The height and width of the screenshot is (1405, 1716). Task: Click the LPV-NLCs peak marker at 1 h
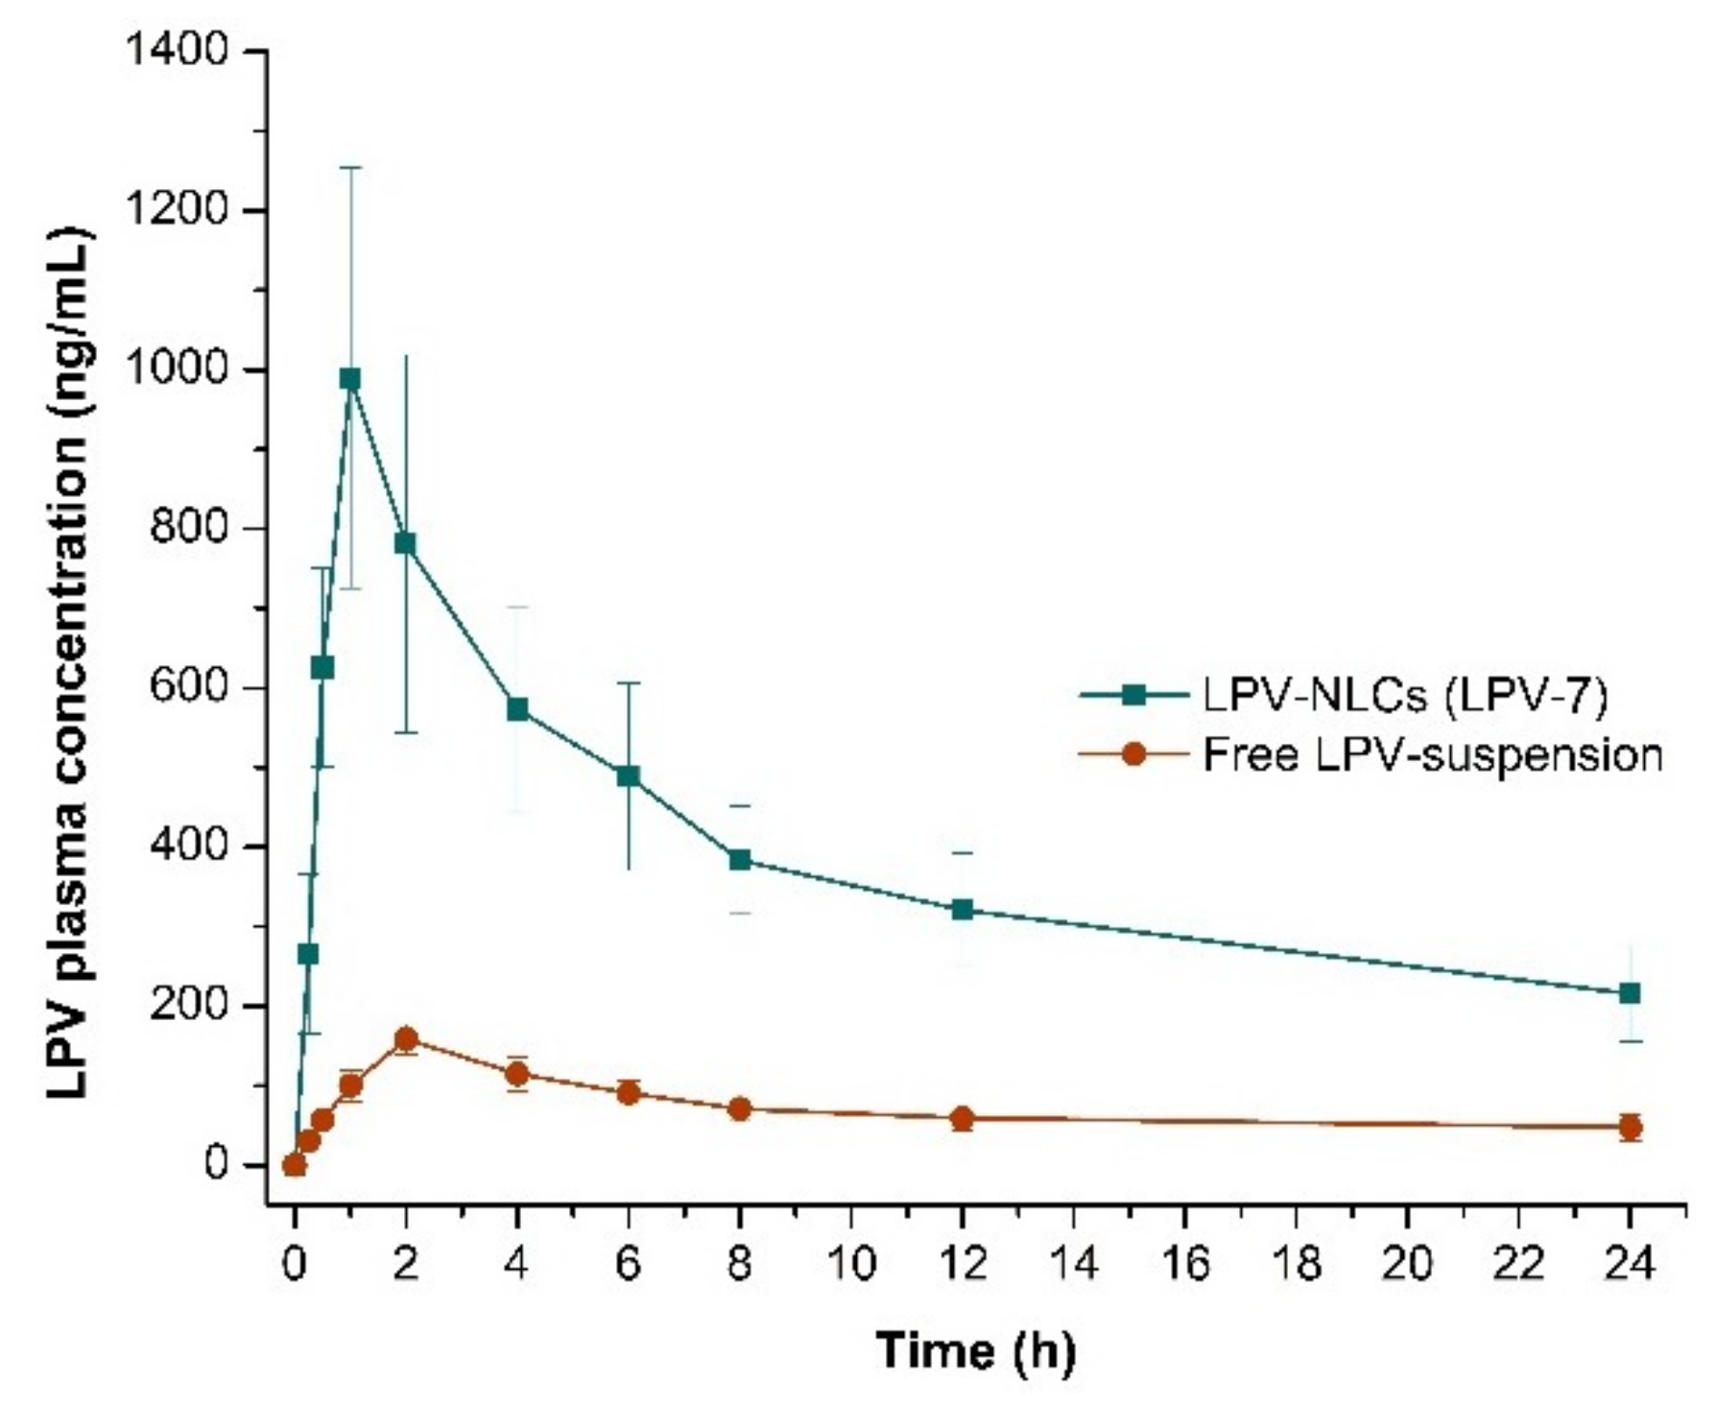pyautogui.click(x=350, y=379)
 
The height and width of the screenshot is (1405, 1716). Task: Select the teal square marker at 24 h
pyautogui.click(x=1630, y=992)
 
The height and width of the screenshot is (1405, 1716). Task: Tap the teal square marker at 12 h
pyautogui.click(x=963, y=909)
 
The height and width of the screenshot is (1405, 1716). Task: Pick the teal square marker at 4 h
pyautogui.click(x=517, y=709)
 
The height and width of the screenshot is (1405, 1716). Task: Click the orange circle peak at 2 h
pyautogui.click(x=406, y=1039)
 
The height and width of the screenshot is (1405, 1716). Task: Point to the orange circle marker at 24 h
pyautogui.click(x=1630, y=1127)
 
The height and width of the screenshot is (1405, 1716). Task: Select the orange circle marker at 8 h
pyautogui.click(x=739, y=1109)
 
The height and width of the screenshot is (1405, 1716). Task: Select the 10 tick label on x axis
pyautogui.click(x=850, y=1265)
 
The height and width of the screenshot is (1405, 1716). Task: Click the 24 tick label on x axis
pyautogui.click(x=1630, y=1265)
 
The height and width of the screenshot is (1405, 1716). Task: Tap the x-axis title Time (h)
pyautogui.click(x=976, y=1350)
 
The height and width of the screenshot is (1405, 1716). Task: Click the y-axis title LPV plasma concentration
pyautogui.click(x=72, y=662)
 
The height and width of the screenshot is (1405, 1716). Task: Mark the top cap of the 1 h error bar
pyautogui.click(x=350, y=167)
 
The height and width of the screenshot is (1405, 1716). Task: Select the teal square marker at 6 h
pyautogui.click(x=629, y=775)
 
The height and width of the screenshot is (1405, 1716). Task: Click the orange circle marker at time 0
pyautogui.click(x=295, y=1165)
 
